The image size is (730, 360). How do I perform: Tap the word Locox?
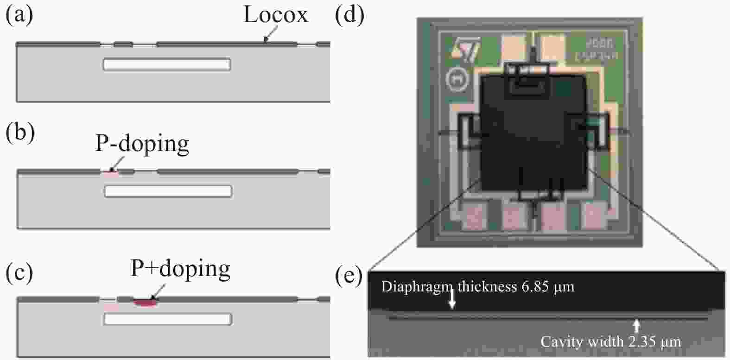[x=275, y=15]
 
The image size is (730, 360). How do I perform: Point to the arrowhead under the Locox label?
[x=266, y=40]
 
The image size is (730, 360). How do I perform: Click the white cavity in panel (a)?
[x=166, y=64]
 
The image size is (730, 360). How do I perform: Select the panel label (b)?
[x=19, y=133]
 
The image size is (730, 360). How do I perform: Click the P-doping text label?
[x=142, y=144]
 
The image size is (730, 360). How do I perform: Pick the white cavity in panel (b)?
[x=168, y=191]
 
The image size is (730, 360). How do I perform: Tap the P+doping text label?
[x=180, y=269]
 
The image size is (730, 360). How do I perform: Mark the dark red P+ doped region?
[x=145, y=303]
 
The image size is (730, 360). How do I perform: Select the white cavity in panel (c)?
[x=168, y=319]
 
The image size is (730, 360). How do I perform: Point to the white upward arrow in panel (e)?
[x=637, y=325]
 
